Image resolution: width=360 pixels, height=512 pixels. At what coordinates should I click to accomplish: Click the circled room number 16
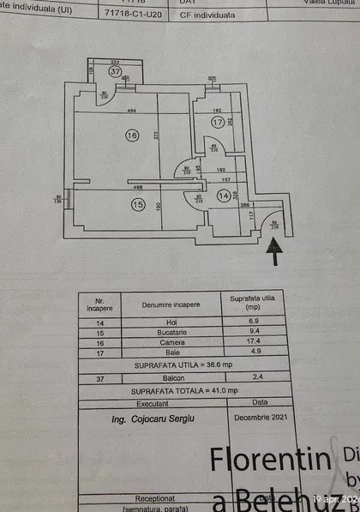131,135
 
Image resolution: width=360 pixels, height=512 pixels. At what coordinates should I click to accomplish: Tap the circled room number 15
137,203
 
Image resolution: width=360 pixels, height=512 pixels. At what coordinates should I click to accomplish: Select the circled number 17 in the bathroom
217,123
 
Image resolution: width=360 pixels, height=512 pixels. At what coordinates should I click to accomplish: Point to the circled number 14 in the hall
224,196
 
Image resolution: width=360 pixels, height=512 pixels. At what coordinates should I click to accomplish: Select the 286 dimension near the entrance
244,207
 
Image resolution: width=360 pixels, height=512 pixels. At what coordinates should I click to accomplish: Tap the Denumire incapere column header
171,304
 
